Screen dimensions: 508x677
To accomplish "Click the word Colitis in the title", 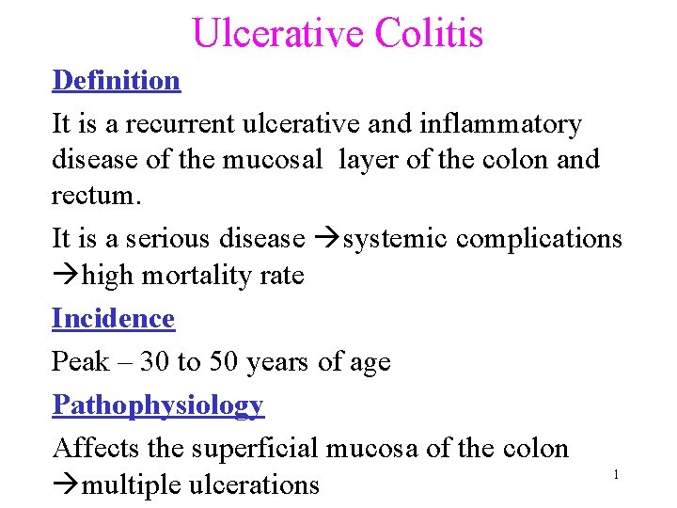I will click(429, 33).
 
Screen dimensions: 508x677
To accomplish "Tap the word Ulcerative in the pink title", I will click(278, 33).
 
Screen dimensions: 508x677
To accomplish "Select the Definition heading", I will click(117, 80).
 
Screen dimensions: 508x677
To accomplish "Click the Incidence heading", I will click(113, 319).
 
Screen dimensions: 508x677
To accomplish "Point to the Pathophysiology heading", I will click(158, 405).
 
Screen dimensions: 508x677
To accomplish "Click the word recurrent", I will click(169, 124).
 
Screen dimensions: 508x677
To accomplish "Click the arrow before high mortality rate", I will click(65, 277).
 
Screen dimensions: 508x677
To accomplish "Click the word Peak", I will click(80, 362).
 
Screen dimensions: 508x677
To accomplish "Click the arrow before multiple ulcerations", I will click(65, 485).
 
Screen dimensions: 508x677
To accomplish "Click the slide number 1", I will click(616, 475).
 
